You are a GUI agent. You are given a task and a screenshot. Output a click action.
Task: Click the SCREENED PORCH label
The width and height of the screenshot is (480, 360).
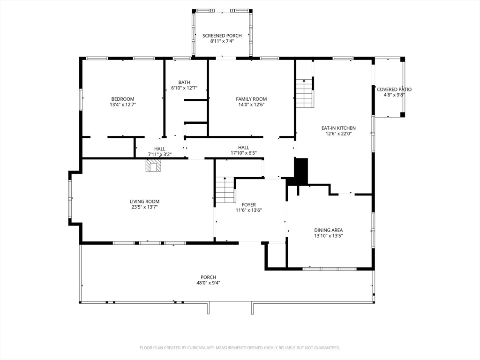[x=222, y=36]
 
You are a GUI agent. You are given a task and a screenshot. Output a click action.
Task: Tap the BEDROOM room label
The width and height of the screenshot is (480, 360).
[x=123, y=99]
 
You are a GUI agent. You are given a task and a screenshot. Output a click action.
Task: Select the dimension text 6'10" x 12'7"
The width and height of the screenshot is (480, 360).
[x=184, y=88]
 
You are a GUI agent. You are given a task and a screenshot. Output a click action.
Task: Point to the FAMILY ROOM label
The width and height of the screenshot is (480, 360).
[x=251, y=99]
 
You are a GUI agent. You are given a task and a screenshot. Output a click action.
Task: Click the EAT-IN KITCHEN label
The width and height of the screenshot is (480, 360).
[x=338, y=128]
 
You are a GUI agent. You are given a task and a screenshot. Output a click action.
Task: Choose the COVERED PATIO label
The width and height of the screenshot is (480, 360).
[x=394, y=90]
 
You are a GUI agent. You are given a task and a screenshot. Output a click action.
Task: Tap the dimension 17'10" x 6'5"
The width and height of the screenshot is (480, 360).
[x=244, y=153]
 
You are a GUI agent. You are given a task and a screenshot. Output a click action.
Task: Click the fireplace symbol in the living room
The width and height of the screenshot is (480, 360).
[x=153, y=165]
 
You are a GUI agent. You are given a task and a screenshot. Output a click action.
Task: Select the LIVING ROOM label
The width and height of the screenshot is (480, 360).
[x=144, y=202]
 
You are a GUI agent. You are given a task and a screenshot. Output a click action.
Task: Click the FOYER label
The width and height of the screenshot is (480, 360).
[x=249, y=204]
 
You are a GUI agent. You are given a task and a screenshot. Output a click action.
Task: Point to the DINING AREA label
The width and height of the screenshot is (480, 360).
[x=329, y=230]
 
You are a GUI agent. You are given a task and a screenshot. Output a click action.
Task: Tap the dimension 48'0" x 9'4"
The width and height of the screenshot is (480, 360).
[x=208, y=283]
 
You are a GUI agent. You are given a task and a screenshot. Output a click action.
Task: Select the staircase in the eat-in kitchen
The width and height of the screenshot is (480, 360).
[x=305, y=93]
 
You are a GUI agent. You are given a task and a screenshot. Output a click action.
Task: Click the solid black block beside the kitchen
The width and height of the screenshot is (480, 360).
[x=301, y=172]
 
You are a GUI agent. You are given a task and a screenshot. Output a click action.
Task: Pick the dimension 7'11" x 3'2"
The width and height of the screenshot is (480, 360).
[x=160, y=154]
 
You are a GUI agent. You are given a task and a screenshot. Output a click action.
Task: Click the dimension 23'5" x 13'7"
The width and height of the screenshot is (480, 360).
[x=144, y=207]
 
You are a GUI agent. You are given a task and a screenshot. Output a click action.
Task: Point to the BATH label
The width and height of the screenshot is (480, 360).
[x=184, y=82]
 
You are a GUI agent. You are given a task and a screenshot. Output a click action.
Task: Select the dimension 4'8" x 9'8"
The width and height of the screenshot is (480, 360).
[x=394, y=95]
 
